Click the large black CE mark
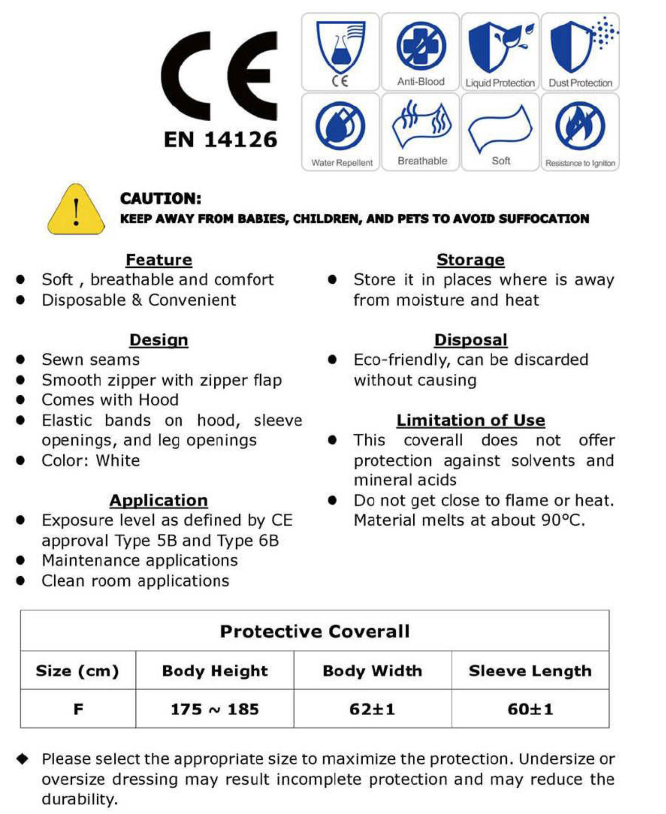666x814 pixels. point(219,76)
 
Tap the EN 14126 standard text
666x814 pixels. point(220,140)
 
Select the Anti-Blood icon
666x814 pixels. point(421,46)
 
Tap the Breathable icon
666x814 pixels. point(422,123)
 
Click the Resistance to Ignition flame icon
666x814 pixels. point(580,126)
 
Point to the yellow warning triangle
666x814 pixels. point(76,210)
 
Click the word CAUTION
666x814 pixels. point(160,199)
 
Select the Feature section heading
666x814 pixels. point(159,260)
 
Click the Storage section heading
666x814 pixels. point(470,260)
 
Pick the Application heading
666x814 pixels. point(159,500)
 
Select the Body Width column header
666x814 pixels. point(372,671)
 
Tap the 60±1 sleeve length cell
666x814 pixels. point(530,709)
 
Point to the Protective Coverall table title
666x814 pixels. point(315,631)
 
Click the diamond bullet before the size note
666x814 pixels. point(23,759)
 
